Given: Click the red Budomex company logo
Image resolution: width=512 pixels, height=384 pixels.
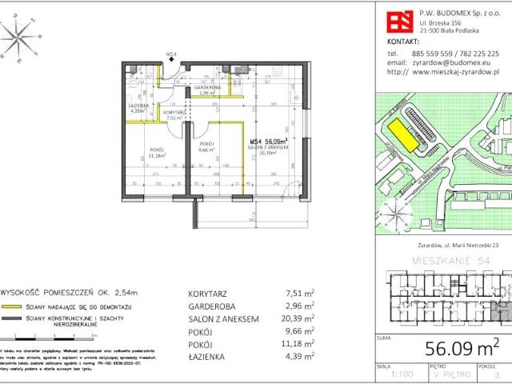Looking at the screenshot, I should pyautogui.click(x=401, y=18).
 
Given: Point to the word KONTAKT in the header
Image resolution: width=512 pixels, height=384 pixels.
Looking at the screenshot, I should pyautogui.click(x=402, y=40).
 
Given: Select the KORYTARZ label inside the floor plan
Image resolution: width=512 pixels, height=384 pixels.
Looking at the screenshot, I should pyautogui.click(x=174, y=113).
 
